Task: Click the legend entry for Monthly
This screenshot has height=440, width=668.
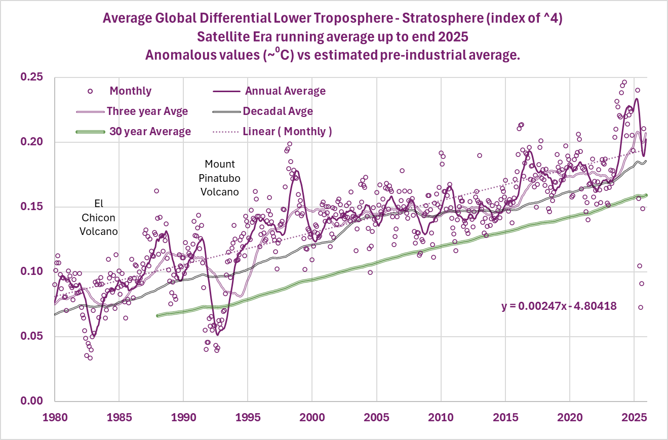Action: click(x=130, y=91)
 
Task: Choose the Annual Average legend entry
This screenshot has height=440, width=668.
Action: click(x=285, y=91)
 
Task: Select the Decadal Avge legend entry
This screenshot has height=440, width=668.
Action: click(x=278, y=111)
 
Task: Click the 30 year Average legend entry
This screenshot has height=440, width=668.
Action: click(x=150, y=132)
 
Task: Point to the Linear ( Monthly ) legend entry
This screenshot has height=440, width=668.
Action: click(x=287, y=132)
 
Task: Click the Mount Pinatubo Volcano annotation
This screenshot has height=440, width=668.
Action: click(x=220, y=178)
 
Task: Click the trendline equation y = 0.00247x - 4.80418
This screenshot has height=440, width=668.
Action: click(x=559, y=306)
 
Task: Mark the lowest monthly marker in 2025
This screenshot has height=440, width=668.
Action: click(x=640, y=307)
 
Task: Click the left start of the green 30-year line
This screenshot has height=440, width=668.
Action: click(x=158, y=315)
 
